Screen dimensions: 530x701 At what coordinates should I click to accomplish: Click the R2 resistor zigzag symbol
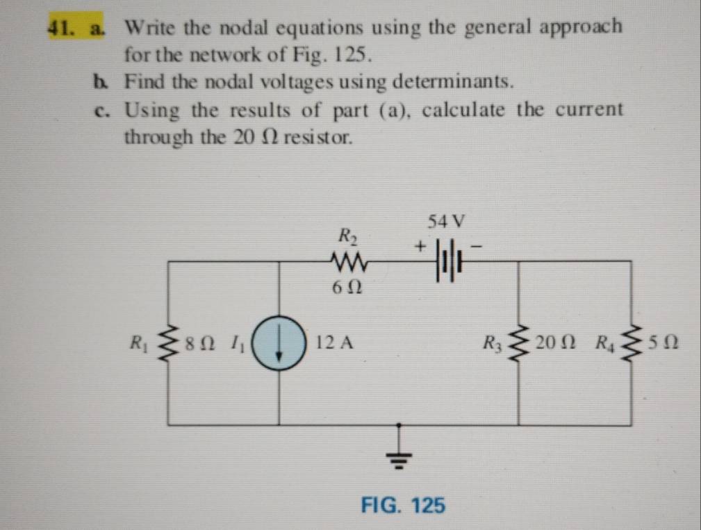pyautogui.click(x=349, y=262)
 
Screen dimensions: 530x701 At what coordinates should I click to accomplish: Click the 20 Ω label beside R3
pyautogui.click(x=553, y=342)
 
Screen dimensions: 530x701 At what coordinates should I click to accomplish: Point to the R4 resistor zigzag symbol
pyautogui.click(x=631, y=342)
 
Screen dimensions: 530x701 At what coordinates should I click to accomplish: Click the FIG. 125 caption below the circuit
pyautogui.click(x=403, y=505)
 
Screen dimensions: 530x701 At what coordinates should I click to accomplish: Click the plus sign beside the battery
pyautogui.click(x=420, y=246)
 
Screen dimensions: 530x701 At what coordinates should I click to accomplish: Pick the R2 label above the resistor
pyautogui.click(x=345, y=235)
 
